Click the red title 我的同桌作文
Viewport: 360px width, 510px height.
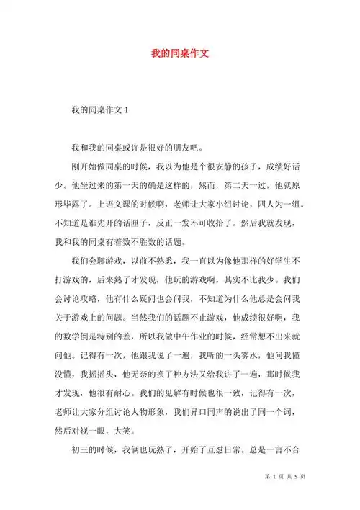(x=180, y=53)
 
